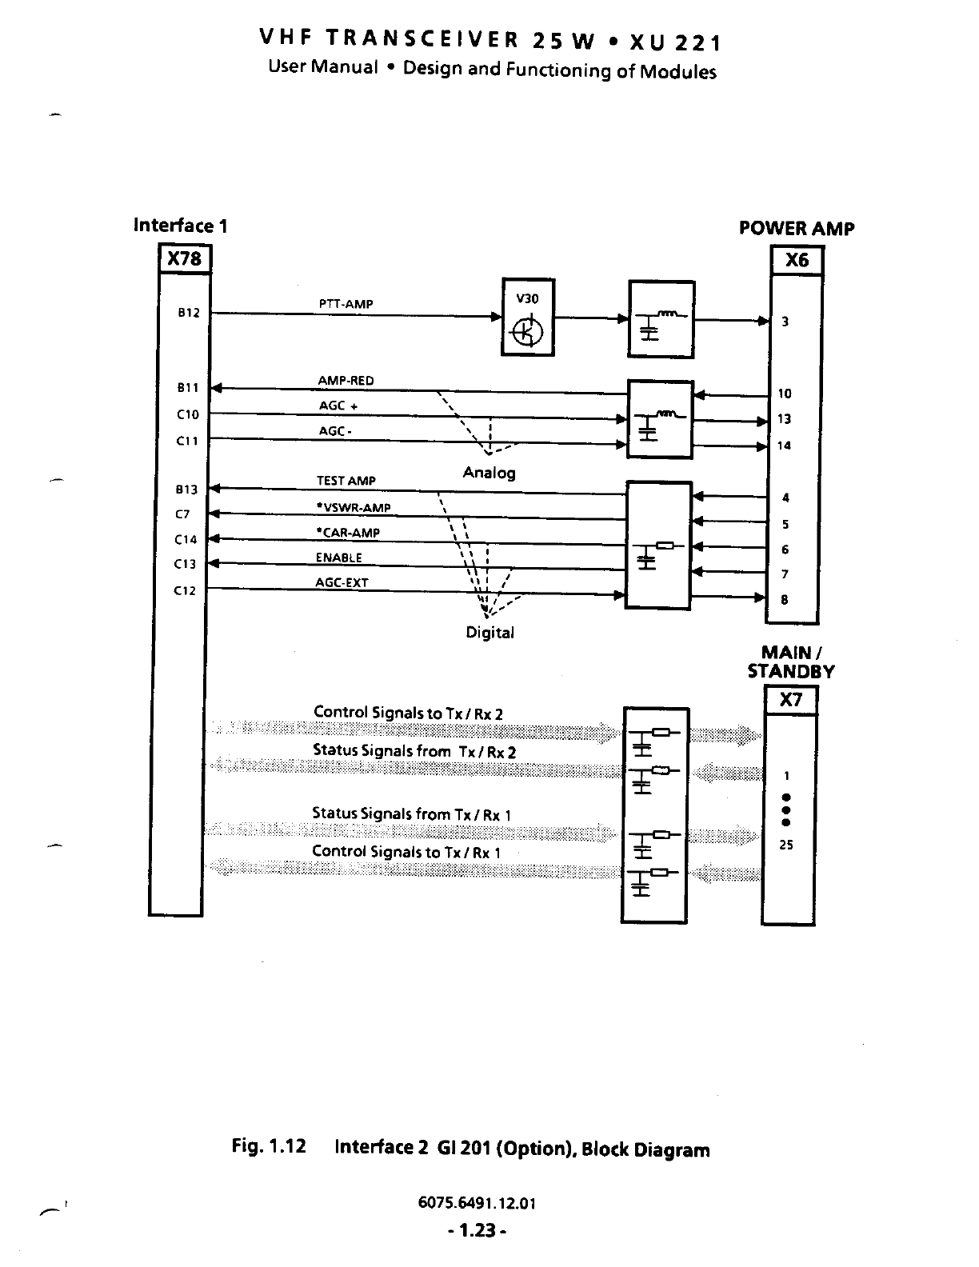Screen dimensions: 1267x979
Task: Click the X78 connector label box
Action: [185, 259]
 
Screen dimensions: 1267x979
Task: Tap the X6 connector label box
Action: [796, 260]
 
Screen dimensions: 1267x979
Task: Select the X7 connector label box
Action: [790, 700]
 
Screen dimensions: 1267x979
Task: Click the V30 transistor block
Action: [527, 318]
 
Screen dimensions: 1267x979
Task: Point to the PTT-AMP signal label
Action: [346, 304]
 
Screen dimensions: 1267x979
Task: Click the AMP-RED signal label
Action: [346, 381]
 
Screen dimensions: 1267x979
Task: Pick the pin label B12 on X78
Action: [188, 313]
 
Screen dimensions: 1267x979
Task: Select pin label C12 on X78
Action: [185, 591]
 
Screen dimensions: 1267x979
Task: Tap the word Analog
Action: [489, 473]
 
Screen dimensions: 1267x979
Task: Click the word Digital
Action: [489, 633]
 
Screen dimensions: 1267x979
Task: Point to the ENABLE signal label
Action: [338, 558]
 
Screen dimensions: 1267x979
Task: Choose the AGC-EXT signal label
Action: [342, 583]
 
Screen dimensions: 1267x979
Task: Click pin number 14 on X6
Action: [784, 446]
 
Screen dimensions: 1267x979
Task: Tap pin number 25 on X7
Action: [785, 845]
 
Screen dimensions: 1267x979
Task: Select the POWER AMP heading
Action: [796, 229]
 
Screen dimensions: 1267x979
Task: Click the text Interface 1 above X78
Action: [181, 226]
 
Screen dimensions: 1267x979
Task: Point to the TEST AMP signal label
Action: [346, 481]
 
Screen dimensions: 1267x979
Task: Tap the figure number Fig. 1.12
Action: [269, 1146]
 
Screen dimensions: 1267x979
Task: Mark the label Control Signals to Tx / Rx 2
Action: [408, 713]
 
